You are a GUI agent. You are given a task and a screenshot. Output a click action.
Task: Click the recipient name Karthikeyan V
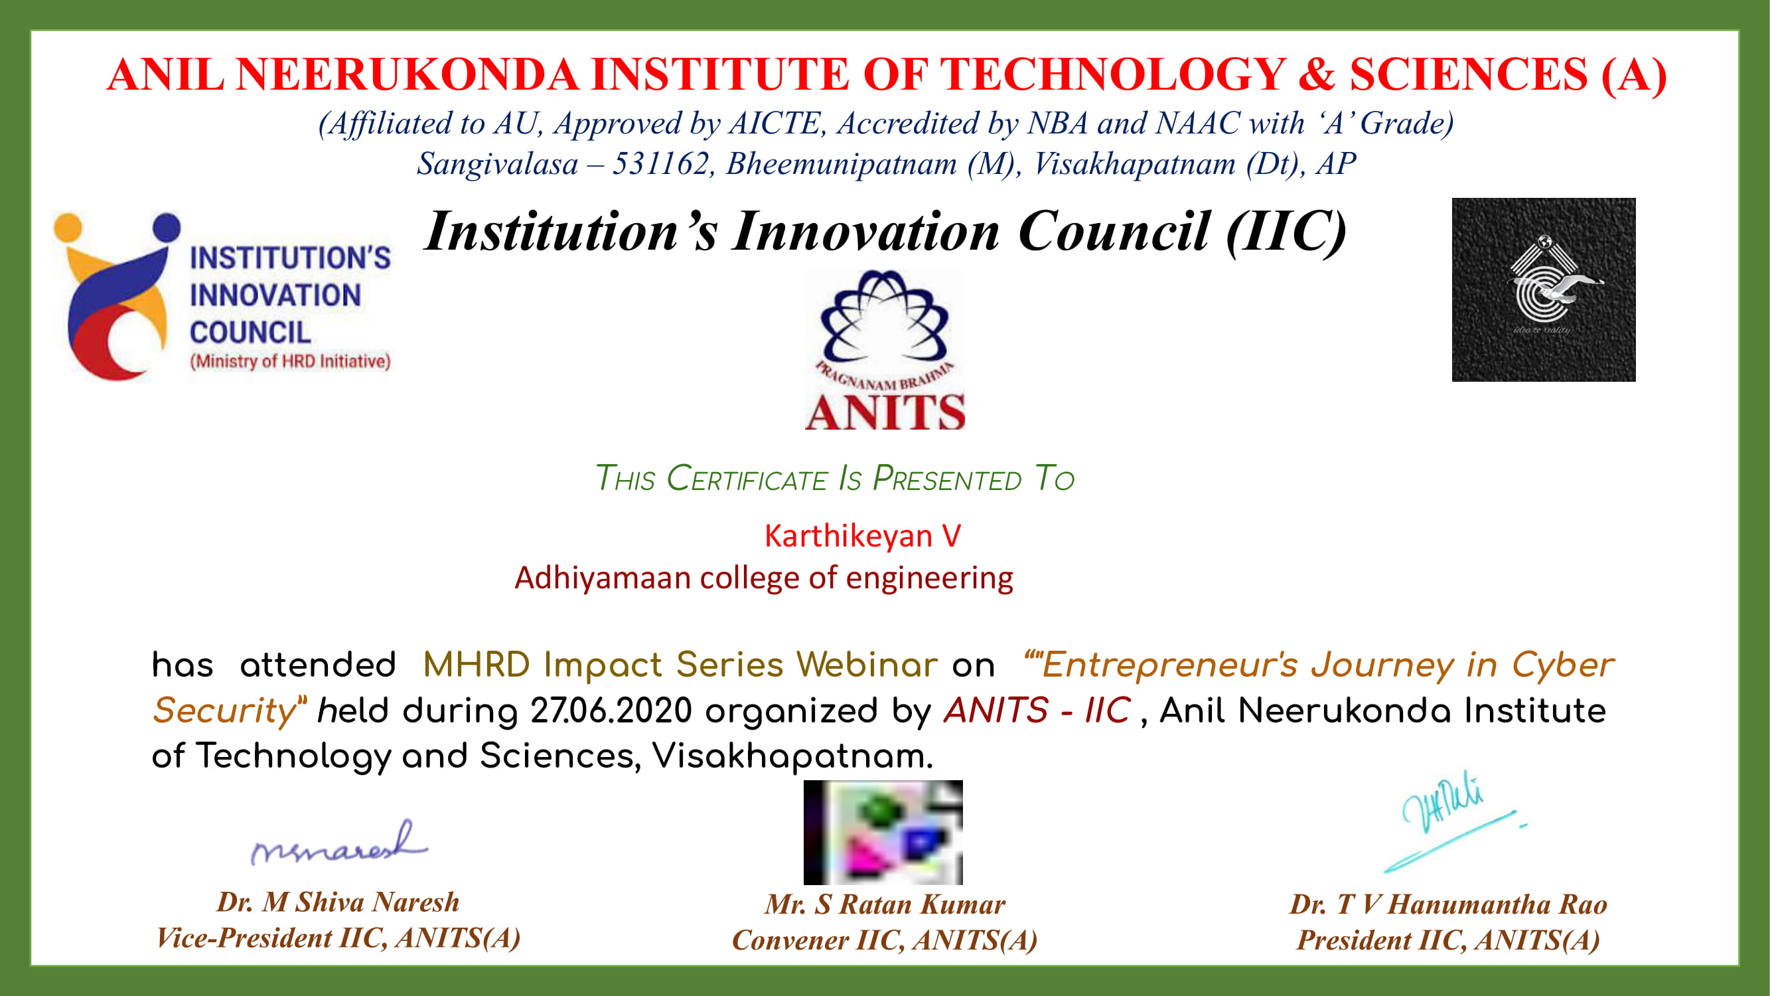click(x=862, y=535)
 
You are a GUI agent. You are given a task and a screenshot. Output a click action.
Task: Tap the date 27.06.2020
click(x=611, y=710)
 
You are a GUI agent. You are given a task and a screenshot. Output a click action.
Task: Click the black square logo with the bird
click(x=1543, y=290)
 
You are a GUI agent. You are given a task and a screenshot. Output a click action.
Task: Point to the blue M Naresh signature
click(x=338, y=843)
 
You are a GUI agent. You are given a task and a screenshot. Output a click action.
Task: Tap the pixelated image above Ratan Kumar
click(x=883, y=833)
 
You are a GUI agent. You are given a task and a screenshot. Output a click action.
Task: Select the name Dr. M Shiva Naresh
click(x=338, y=902)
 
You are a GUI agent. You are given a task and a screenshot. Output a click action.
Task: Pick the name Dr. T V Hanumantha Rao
click(x=1448, y=904)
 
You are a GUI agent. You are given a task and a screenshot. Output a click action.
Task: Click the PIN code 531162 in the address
click(x=660, y=163)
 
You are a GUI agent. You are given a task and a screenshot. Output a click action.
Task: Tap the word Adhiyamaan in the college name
click(x=603, y=578)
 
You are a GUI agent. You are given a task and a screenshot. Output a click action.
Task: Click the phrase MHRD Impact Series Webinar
click(x=680, y=665)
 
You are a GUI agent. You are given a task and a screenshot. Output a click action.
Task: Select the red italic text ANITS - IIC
click(x=1037, y=710)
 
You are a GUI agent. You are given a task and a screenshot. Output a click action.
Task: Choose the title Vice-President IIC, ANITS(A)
click(x=338, y=938)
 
